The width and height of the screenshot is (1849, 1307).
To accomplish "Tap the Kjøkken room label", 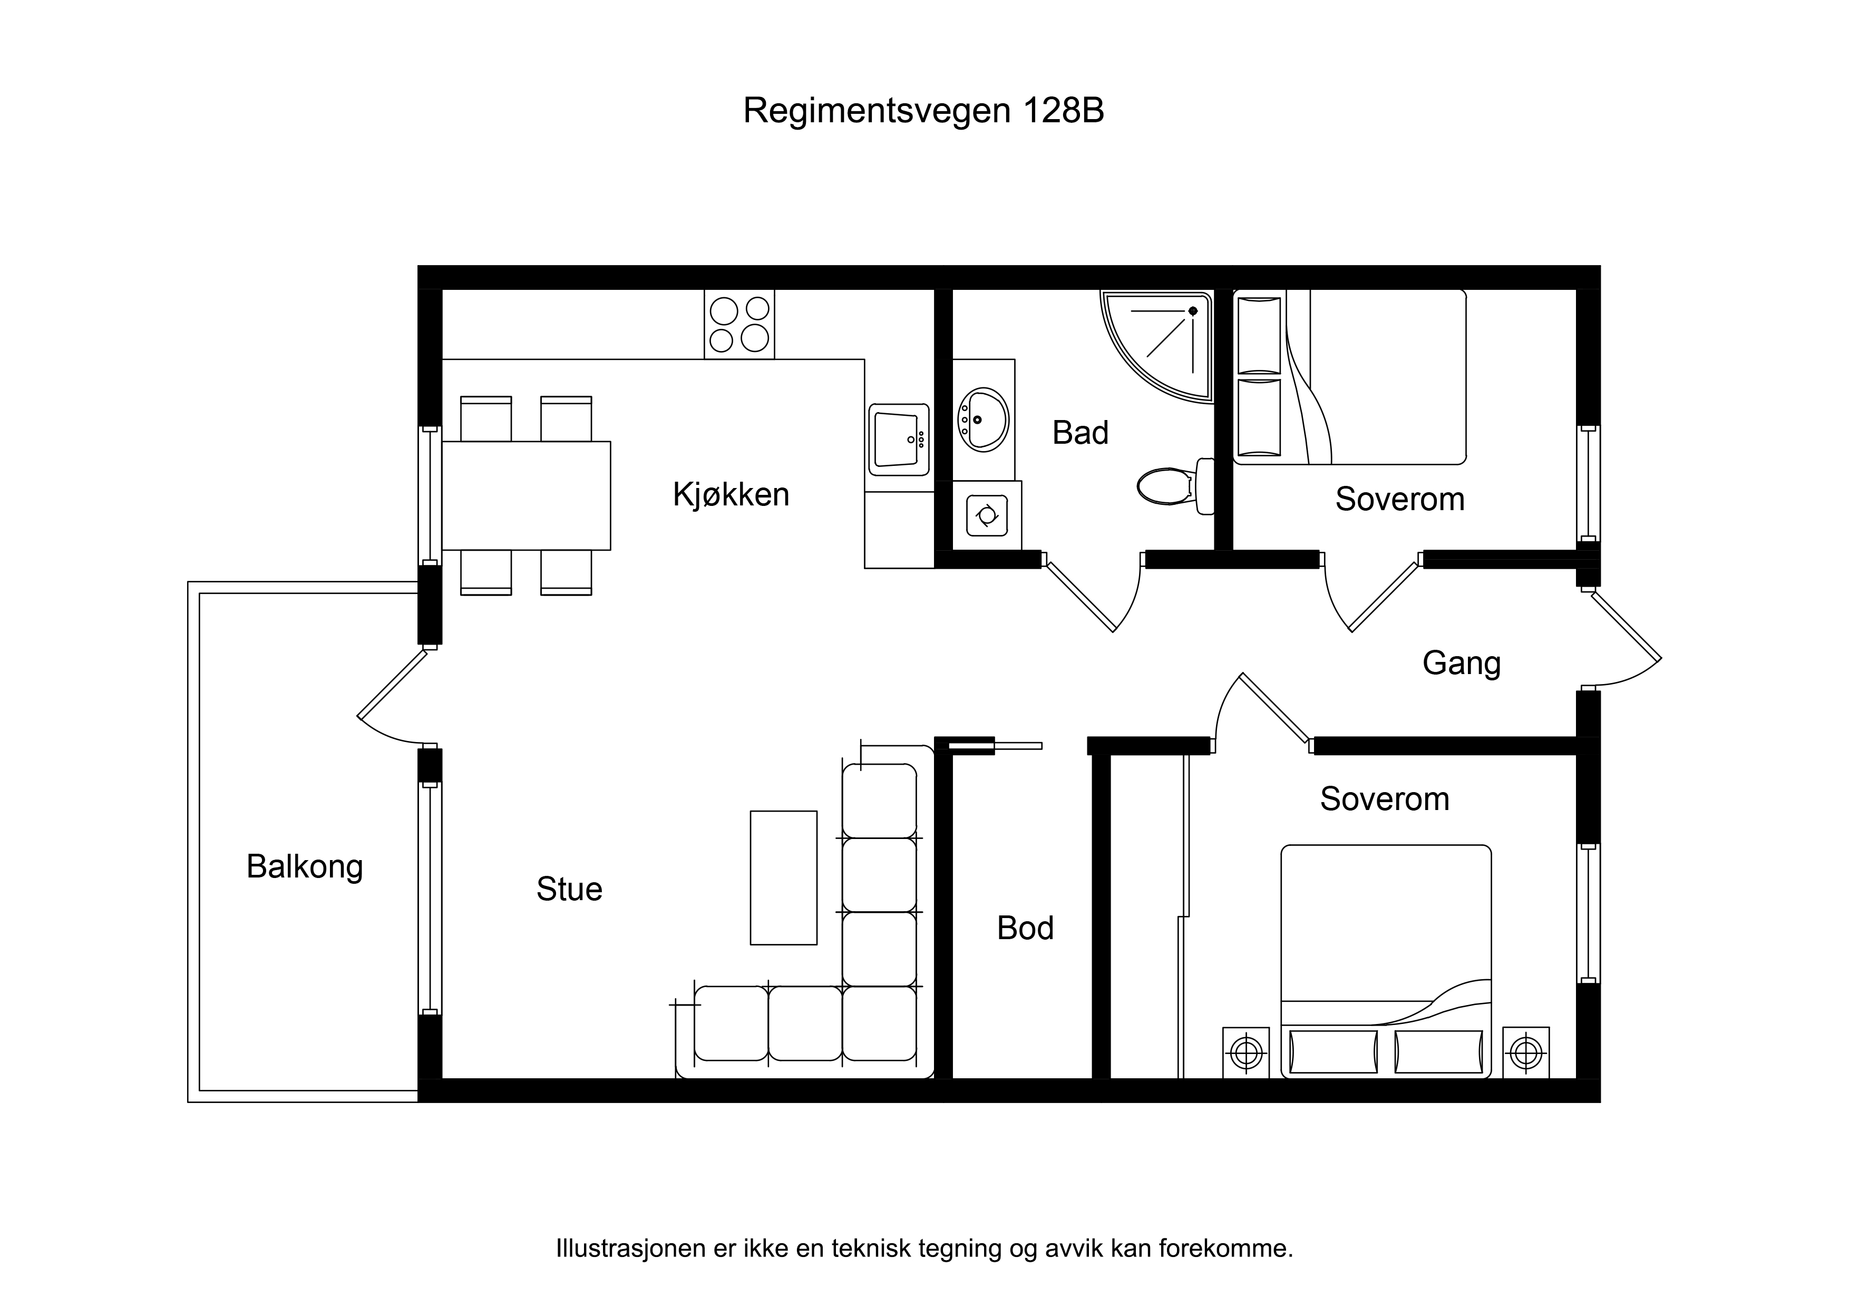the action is (x=731, y=494).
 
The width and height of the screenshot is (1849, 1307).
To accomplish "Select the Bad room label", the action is (x=1080, y=433).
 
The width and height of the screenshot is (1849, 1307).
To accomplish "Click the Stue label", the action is (x=569, y=889).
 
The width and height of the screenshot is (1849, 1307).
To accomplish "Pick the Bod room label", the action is (x=1025, y=929).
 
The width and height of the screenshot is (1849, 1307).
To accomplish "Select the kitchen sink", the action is (x=899, y=440).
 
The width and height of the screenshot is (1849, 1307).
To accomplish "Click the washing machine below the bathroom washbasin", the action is (x=987, y=515).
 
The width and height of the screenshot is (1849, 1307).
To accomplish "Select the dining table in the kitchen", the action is (x=526, y=495).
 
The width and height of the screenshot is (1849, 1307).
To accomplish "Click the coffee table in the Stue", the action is (x=784, y=878).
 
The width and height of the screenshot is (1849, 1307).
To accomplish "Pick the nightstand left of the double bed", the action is (x=1246, y=1052).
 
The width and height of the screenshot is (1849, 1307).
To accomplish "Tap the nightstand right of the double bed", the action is (x=1526, y=1052).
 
